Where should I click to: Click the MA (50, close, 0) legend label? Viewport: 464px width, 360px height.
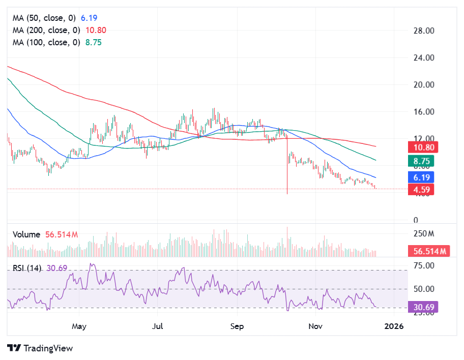[46, 18]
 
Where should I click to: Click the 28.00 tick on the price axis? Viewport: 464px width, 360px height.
[423, 31]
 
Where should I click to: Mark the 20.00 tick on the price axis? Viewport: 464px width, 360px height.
[423, 85]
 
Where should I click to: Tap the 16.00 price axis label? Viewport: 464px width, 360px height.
[423, 112]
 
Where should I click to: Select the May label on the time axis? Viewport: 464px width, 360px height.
[79, 325]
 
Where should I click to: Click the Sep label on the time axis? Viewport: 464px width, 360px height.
[235, 325]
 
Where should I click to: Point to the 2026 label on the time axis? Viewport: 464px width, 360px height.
[394, 325]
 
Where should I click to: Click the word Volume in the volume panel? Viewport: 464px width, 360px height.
[26, 234]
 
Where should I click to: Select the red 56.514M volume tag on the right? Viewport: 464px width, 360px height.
[428, 251]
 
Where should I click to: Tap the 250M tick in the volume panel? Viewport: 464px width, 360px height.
[423, 234]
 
